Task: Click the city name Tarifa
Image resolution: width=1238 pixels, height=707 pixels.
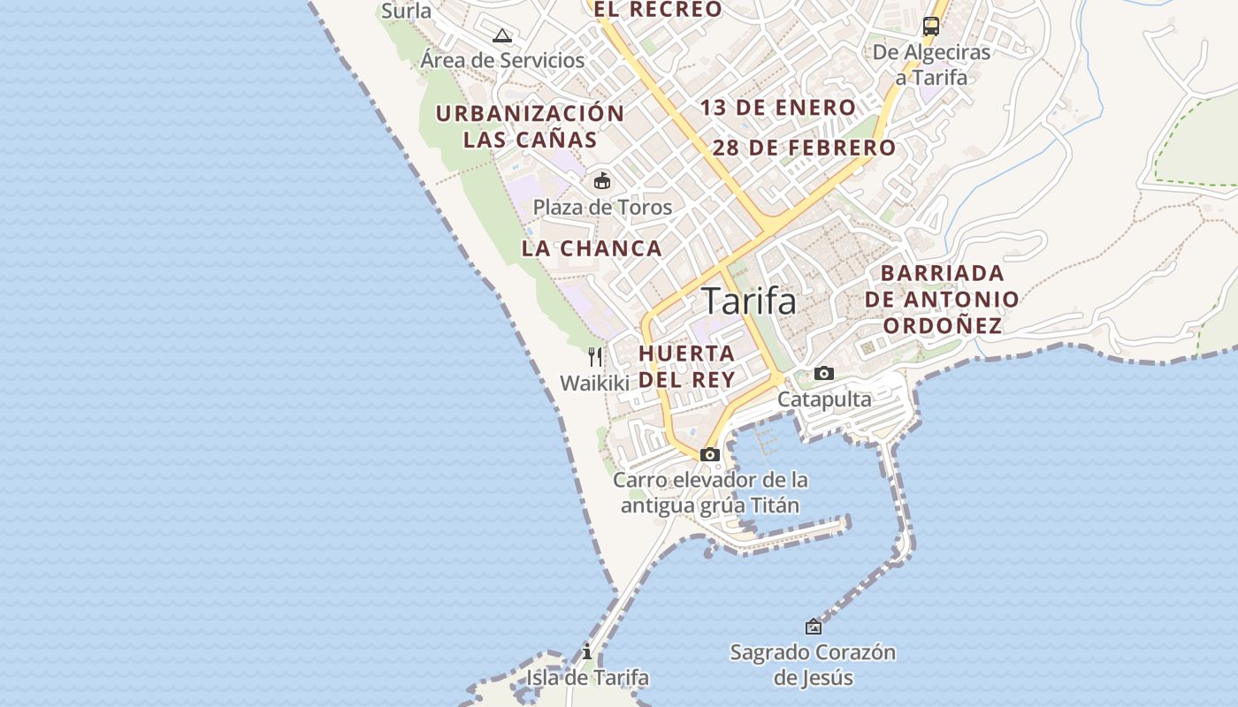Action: pos(749,302)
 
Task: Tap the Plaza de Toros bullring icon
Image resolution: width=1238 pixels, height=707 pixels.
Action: pos(602,181)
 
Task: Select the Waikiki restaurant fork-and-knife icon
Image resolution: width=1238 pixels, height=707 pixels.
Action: pos(595,357)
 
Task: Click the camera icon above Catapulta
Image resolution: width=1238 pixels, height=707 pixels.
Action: pos(824,373)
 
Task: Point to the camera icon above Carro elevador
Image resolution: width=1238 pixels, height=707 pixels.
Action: pos(709,454)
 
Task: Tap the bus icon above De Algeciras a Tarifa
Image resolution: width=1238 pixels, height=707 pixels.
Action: pos(931,27)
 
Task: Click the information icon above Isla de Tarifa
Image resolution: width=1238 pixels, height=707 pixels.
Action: pos(587,652)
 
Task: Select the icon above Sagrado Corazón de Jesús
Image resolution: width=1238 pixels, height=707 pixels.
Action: pos(813,627)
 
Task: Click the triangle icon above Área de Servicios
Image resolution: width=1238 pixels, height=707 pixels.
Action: pos(502,36)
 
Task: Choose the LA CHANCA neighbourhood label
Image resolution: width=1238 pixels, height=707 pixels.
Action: pos(592,248)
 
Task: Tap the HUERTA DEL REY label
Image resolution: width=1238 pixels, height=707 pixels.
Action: pos(686,367)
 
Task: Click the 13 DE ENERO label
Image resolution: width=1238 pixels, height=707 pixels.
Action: pos(778,108)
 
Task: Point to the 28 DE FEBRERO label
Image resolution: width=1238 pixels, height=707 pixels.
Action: pos(804,148)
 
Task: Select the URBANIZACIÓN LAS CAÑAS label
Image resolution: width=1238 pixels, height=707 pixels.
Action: pos(530,126)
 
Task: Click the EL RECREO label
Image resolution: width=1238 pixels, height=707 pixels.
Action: pos(657,10)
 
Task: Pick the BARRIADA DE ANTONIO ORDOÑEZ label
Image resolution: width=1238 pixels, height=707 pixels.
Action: pos(942,299)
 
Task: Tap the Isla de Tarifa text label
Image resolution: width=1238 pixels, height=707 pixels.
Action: pos(587,678)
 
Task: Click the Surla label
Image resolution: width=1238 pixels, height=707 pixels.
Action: pos(406,11)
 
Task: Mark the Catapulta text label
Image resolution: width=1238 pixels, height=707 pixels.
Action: pos(824,399)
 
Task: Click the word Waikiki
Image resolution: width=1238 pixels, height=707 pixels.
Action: pos(594,383)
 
